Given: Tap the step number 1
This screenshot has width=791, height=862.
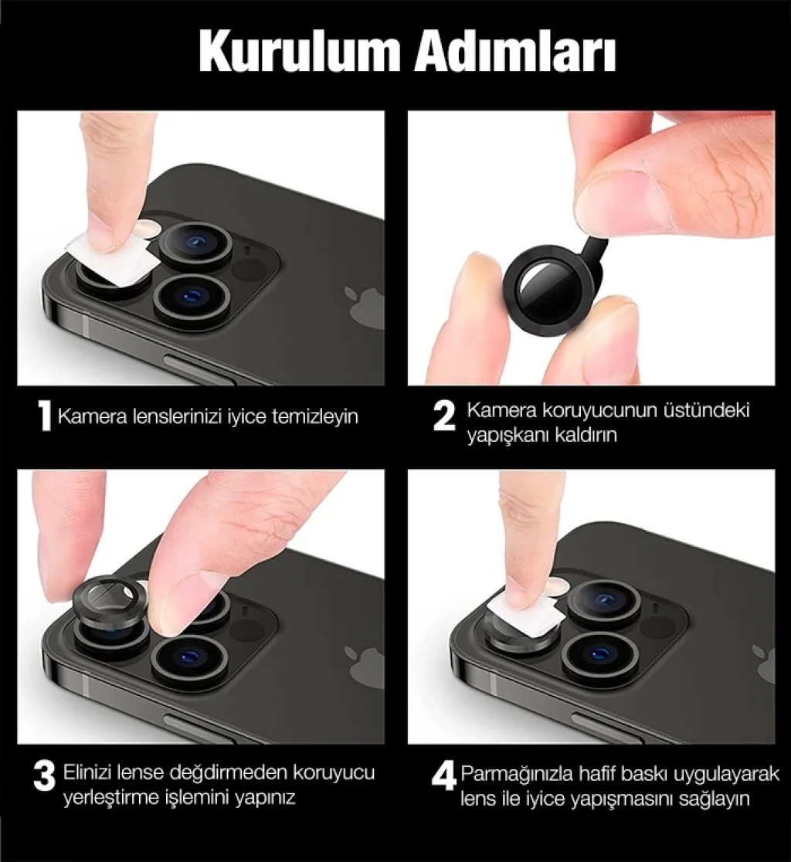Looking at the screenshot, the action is click(45, 416).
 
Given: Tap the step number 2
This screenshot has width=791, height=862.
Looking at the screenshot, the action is click(444, 416).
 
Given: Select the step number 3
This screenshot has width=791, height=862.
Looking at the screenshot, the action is click(44, 775).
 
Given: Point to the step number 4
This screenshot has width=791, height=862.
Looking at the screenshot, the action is click(444, 775).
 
